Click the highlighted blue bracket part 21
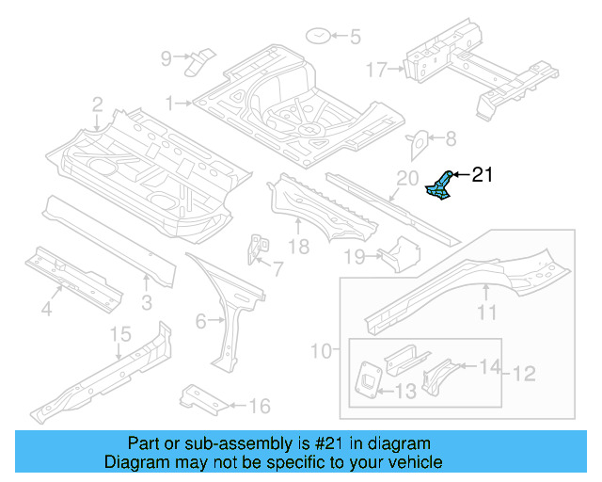pos(439,185)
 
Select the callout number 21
pos(482,174)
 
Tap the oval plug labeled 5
pos(319,37)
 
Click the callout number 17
pos(376,69)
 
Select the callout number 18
pos(298,248)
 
